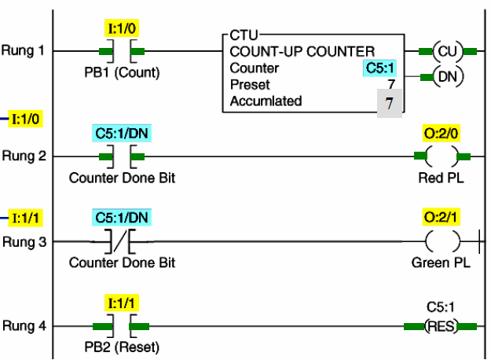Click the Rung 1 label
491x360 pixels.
point(21,51)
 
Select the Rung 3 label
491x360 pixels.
point(21,242)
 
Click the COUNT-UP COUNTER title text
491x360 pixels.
point(302,52)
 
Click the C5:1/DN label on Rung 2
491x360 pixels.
point(122,133)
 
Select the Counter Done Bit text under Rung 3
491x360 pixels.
point(122,263)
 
